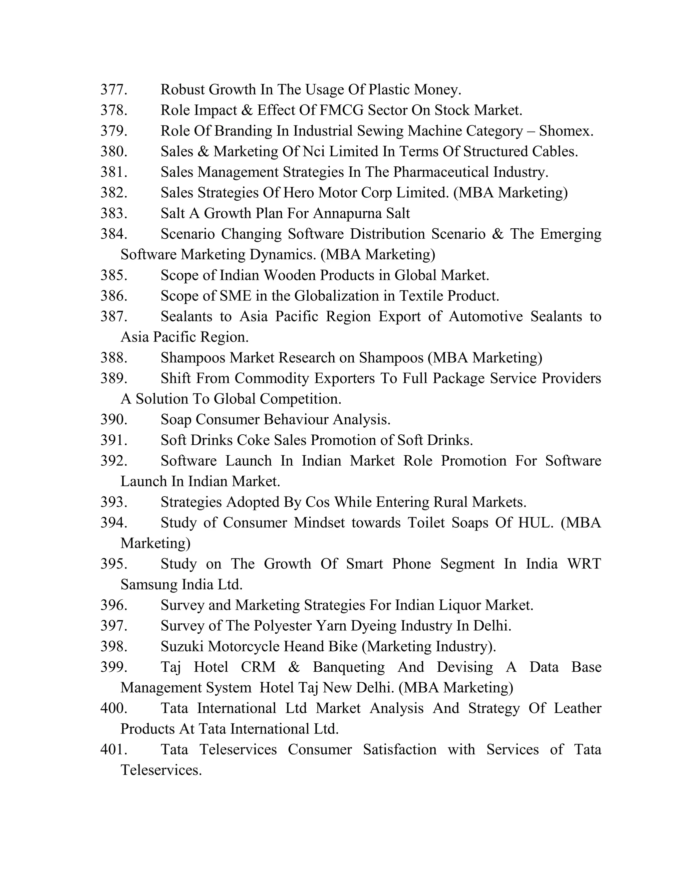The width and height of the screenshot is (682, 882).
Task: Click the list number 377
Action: coord(114,89)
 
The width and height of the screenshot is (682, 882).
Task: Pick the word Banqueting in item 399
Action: coord(348,667)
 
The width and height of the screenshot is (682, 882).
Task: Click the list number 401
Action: coord(114,749)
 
